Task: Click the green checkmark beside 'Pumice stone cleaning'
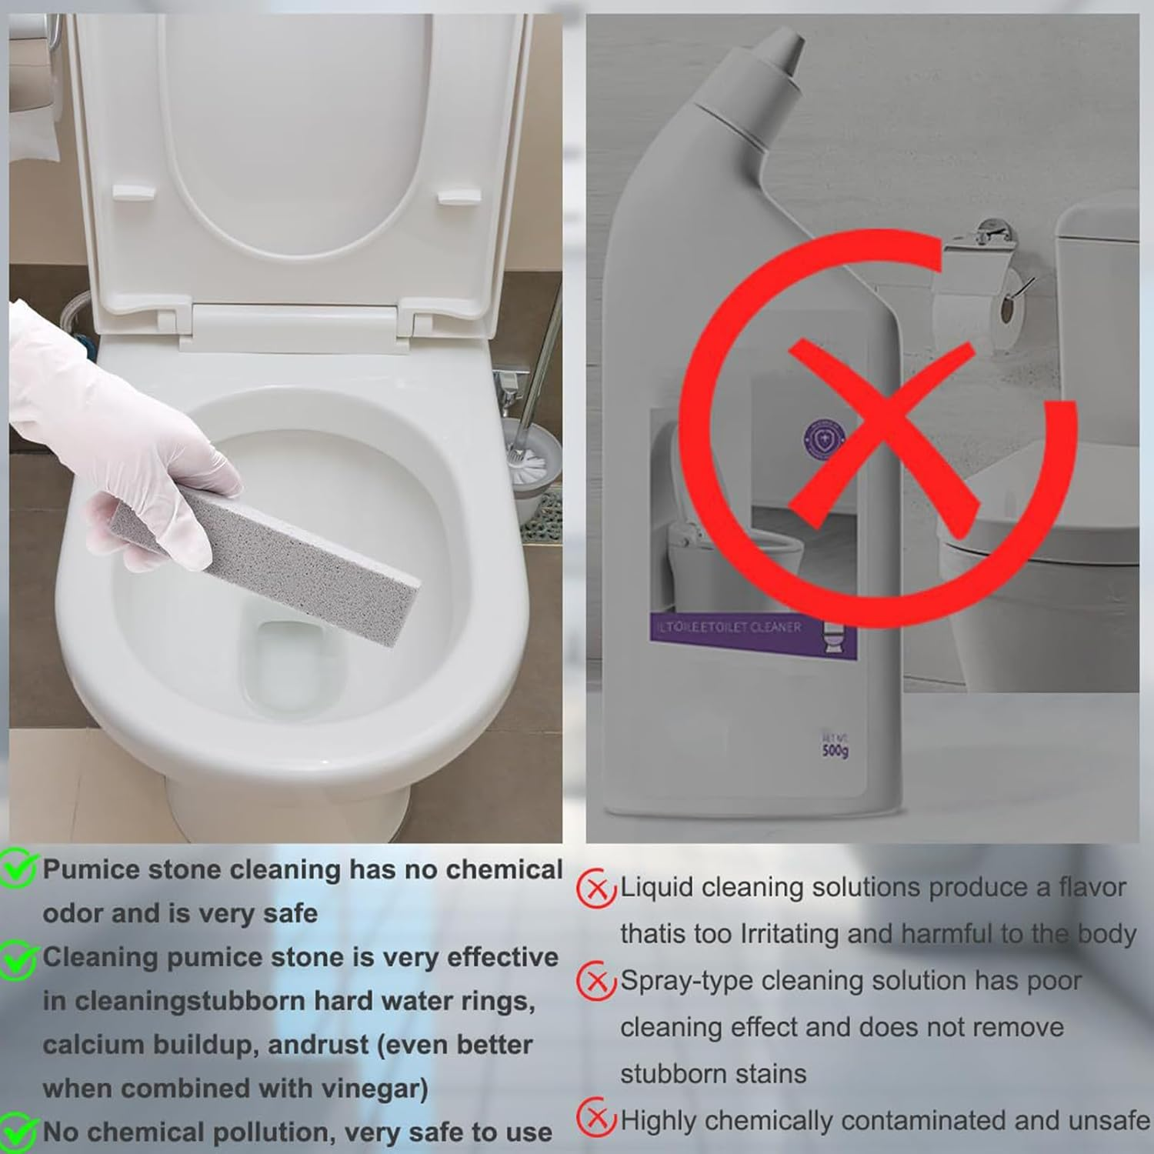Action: [19, 869]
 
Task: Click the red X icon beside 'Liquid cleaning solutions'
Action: [596, 889]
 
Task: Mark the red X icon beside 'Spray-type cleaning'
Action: [596, 982]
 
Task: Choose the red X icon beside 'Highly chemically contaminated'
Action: [596, 1120]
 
